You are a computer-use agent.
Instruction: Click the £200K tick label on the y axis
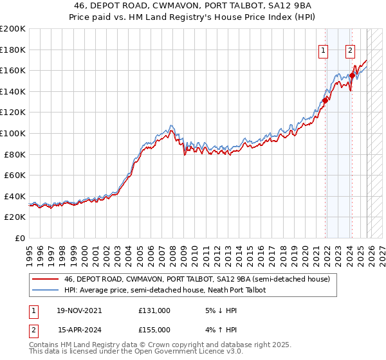[x=13, y=29]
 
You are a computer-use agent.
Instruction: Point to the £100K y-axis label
[x=13, y=133]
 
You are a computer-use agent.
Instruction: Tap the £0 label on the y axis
[x=21, y=238]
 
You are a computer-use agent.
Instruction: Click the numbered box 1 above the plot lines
[x=323, y=51]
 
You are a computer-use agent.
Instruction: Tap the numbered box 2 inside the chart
[x=350, y=51]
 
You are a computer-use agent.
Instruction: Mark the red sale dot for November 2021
[x=326, y=100]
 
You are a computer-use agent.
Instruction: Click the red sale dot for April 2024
[x=353, y=76]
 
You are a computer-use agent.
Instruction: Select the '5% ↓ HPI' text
[x=221, y=310]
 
